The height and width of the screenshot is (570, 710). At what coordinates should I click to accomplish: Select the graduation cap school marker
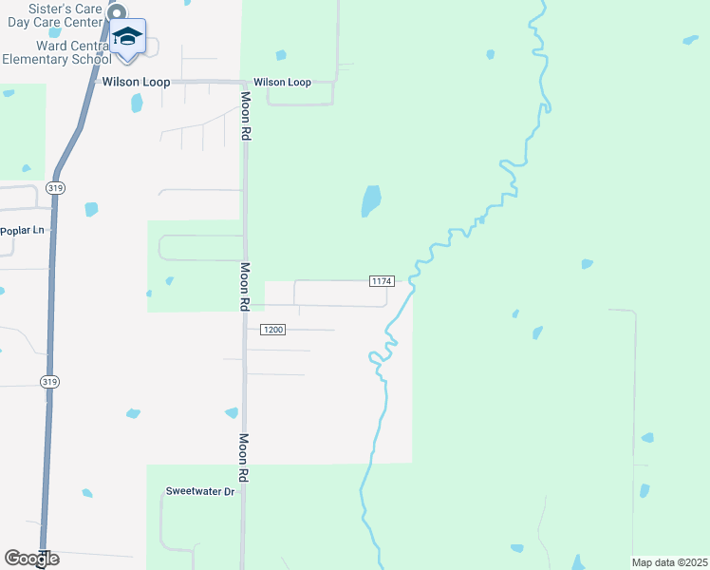(x=127, y=37)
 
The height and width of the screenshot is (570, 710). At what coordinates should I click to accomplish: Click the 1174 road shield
(x=382, y=280)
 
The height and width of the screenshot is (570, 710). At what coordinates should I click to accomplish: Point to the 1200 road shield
(x=272, y=330)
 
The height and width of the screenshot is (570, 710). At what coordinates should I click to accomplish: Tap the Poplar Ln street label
(x=23, y=230)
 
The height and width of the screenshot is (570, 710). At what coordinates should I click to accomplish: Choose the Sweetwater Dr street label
(x=199, y=491)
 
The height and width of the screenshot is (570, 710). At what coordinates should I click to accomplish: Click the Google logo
(x=31, y=559)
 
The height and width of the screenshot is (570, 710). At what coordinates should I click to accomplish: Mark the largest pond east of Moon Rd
(x=371, y=200)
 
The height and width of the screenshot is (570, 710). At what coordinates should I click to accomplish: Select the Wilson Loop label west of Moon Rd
(x=137, y=83)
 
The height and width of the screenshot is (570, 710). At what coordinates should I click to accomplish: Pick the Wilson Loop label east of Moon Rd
(x=282, y=83)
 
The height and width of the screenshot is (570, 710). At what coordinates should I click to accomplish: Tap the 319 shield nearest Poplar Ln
(x=58, y=187)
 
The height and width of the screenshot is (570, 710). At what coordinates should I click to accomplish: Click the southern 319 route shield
(x=49, y=381)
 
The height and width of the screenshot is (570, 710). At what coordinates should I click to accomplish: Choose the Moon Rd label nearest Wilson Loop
(x=245, y=117)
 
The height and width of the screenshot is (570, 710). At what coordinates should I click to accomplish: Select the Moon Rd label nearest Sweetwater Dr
(x=244, y=458)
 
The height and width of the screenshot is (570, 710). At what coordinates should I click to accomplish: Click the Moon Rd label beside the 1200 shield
(x=244, y=287)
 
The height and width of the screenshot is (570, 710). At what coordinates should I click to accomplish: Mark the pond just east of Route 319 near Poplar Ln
(x=91, y=208)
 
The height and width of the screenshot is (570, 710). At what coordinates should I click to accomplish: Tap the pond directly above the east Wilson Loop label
(x=280, y=54)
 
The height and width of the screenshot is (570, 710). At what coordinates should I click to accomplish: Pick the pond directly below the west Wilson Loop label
(x=137, y=103)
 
